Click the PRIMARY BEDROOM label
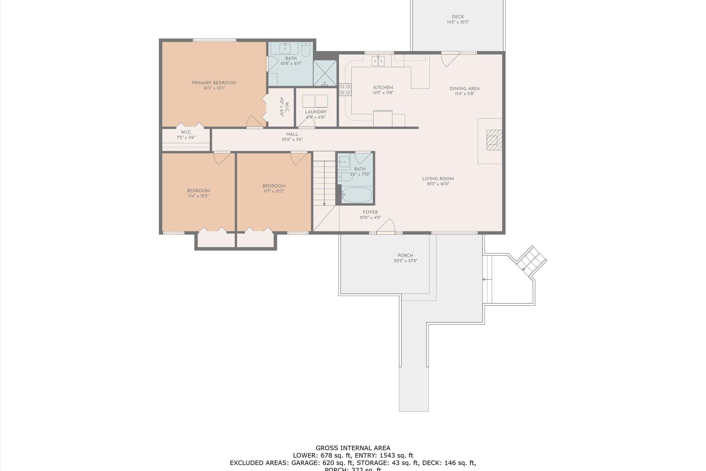[214, 83]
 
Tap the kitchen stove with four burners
[345, 89]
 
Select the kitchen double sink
[378, 61]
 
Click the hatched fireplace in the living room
[494, 140]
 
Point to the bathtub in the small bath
[357, 195]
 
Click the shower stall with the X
[325, 73]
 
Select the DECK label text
[457, 17]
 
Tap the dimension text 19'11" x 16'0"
[438, 184]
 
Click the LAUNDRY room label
[316, 112]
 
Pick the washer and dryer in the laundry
[315, 101]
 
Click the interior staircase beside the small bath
[324, 182]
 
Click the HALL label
[292, 134]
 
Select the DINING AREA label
[464, 89]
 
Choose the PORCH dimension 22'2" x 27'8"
[405, 261]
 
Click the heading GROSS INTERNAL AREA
[353, 448]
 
